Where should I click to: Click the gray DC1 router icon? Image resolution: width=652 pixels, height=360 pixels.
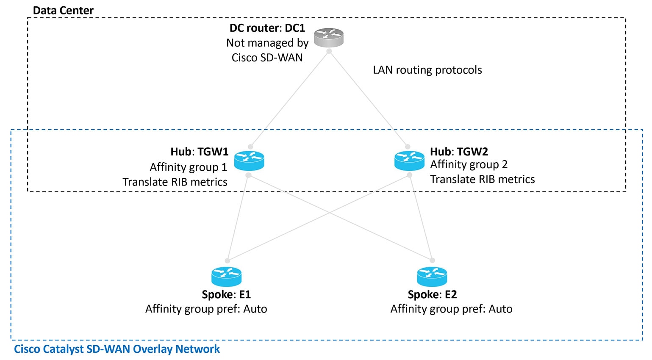click(329, 38)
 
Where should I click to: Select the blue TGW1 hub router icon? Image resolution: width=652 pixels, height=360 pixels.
click(249, 161)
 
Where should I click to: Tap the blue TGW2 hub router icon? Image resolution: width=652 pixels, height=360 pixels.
click(409, 161)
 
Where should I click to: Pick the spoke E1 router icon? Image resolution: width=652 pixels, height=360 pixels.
click(226, 277)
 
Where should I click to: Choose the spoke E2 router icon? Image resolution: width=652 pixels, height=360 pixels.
click(432, 277)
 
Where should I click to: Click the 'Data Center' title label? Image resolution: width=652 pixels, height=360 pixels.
click(63, 11)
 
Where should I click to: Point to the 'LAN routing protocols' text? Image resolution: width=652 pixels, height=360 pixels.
click(427, 70)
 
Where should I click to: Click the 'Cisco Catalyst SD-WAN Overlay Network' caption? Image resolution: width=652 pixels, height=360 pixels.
click(117, 349)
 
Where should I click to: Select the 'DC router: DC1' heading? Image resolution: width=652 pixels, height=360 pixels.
click(267, 28)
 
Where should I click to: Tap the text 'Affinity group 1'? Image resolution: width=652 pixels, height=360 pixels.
click(188, 167)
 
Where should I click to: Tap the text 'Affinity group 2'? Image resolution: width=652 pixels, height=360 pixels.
click(469, 165)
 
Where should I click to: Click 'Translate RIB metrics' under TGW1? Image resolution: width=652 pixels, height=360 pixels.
click(175, 182)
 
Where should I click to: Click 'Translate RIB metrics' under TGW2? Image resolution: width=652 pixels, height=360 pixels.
click(482, 180)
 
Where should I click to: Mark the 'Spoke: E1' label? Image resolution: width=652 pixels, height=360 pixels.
click(226, 294)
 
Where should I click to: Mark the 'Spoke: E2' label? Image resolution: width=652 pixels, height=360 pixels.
click(432, 294)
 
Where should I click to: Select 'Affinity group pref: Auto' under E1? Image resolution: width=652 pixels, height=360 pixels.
click(206, 309)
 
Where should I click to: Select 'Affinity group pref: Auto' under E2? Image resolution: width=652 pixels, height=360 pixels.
click(451, 309)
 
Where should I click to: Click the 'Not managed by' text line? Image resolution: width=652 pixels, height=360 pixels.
click(267, 43)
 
